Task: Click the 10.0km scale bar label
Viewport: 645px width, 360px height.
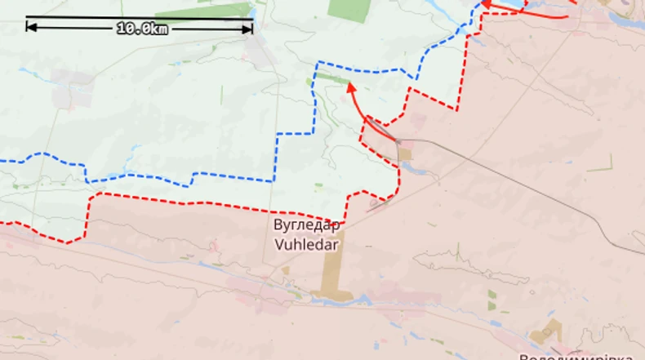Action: (142, 28)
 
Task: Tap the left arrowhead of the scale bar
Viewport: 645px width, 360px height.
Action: (30, 27)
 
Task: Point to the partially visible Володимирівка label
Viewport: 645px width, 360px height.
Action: (576, 355)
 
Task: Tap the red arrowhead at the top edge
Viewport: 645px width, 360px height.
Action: (485, 3)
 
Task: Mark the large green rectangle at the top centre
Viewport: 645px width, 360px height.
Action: (349, 9)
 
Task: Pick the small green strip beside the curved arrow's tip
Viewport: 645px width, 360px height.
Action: (330, 78)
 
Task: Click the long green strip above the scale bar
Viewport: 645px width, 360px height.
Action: (204, 11)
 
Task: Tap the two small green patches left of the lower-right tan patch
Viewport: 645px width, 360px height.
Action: (492, 300)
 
